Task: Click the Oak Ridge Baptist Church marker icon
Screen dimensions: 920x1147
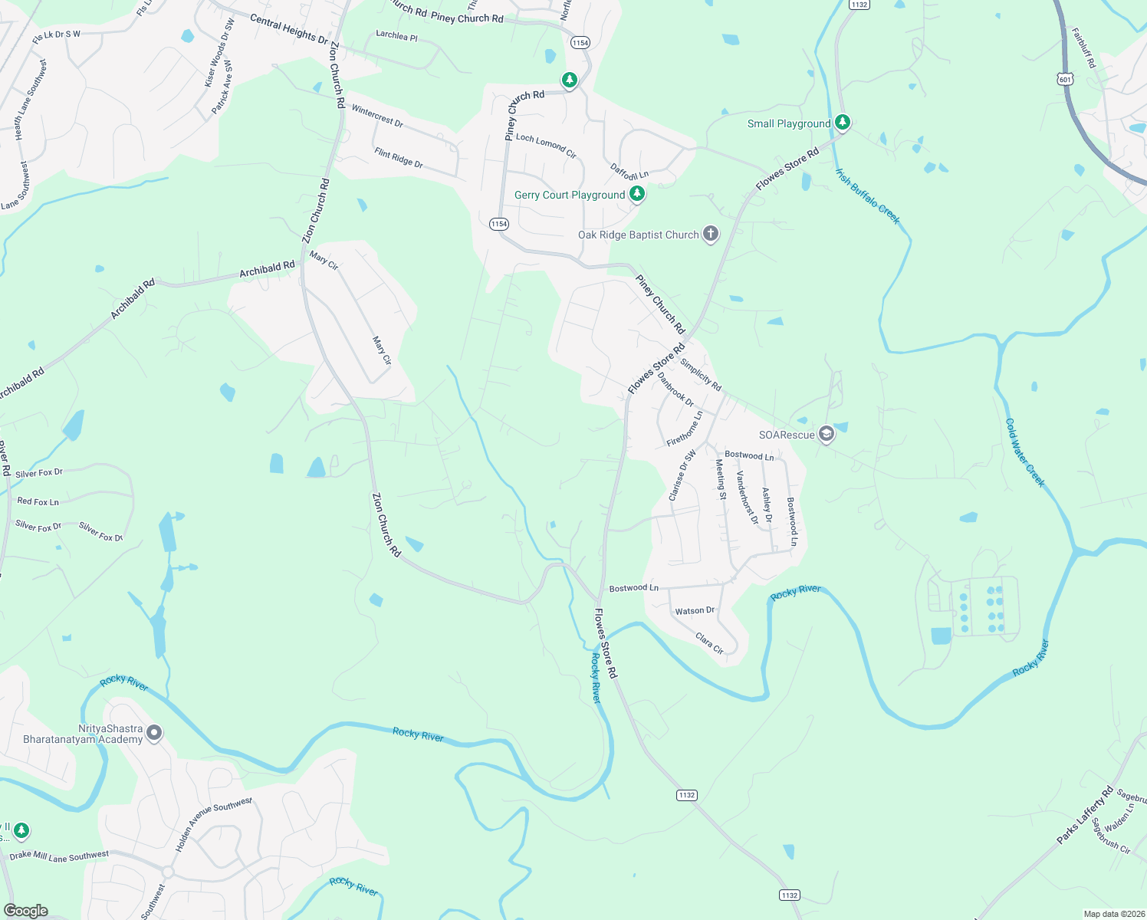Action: (711, 235)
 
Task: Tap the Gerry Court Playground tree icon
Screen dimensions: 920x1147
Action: (636, 195)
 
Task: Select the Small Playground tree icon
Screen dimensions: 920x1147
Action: (843, 123)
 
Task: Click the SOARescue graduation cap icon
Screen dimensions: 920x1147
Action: (826, 435)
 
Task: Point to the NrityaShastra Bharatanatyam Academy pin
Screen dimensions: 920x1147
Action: (154, 734)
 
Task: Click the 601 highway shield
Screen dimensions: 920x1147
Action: (1064, 79)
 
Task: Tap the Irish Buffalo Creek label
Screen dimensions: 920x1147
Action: (867, 196)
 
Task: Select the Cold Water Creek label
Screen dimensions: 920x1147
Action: (1024, 452)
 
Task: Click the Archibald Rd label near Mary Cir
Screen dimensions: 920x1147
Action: (267, 269)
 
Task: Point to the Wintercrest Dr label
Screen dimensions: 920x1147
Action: (377, 116)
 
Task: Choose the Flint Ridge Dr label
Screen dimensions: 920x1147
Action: (399, 157)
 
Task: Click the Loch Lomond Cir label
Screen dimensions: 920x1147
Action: (546, 145)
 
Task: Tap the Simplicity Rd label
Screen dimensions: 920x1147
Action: (701, 375)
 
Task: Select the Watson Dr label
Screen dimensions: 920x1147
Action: (695, 611)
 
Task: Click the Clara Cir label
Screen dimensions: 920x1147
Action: (709, 642)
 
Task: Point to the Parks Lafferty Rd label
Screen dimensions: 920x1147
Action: (1084, 815)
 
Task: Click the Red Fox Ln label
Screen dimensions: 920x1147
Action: (38, 501)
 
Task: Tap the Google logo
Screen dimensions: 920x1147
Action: (26, 911)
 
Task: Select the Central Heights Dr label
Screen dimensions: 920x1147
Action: (289, 29)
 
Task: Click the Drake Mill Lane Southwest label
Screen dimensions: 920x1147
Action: (59, 856)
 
